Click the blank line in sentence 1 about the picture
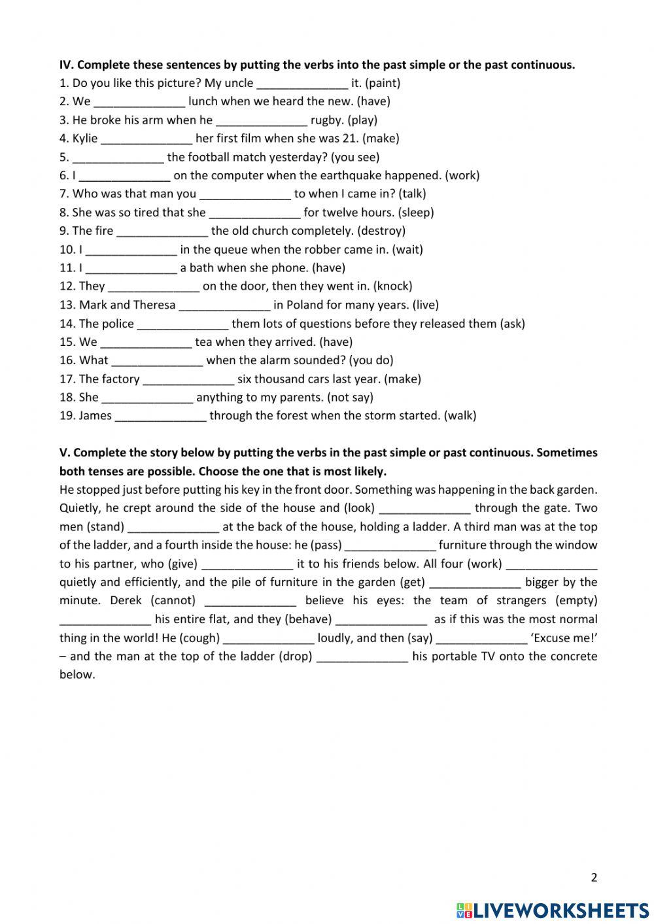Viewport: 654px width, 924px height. (x=302, y=83)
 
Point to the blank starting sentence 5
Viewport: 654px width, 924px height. (x=118, y=157)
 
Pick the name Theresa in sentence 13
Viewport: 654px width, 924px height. (x=154, y=305)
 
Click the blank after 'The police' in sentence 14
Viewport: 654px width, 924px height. (x=182, y=324)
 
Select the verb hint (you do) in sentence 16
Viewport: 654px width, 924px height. (x=371, y=360)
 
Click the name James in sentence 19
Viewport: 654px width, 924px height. (x=95, y=416)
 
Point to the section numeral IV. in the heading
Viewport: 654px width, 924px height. (x=66, y=65)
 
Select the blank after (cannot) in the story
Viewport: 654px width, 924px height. (x=250, y=601)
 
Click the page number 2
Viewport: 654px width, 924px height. (x=594, y=878)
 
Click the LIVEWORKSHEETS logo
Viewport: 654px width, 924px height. (x=553, y=910)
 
